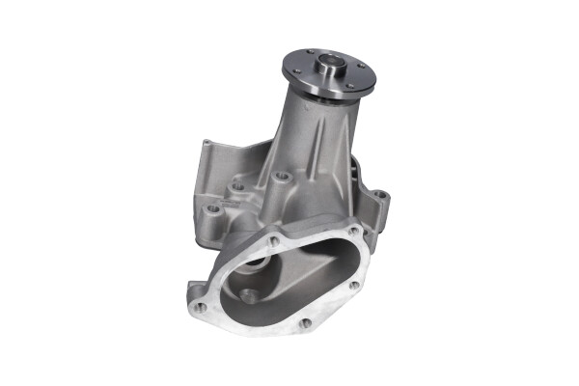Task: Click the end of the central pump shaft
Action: (x=331, y=67)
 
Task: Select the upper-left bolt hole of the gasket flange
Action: (x=274, y=239)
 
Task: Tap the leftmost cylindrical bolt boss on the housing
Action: (x=213, y=207)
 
